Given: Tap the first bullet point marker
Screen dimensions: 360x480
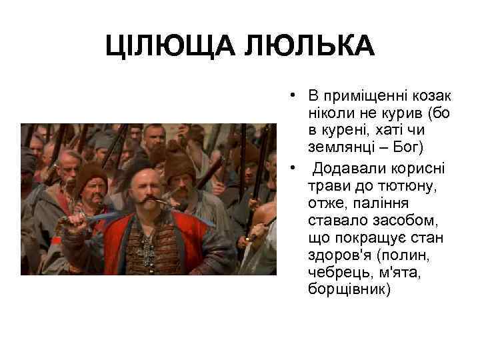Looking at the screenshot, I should (293, 92).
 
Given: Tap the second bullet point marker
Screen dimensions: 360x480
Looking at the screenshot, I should (293, 165).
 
